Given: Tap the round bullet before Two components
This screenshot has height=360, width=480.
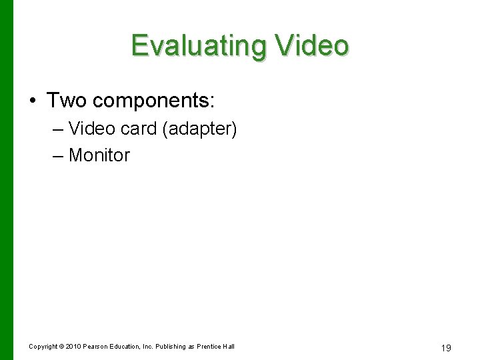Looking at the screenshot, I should tap(33, 101).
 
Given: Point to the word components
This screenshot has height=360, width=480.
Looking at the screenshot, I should tap(154, 101).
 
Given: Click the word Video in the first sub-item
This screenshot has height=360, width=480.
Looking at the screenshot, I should tap(91, 128).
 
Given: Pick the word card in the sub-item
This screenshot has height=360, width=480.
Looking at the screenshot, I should tap(138, 128).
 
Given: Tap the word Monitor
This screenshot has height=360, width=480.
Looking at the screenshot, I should tap(99, 155).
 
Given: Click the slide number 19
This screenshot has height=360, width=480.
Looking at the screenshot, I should tap(447, 347).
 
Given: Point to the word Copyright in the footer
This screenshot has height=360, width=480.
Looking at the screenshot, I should tap(43, 346).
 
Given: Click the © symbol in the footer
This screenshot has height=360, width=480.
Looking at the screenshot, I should tap(63, 346).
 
